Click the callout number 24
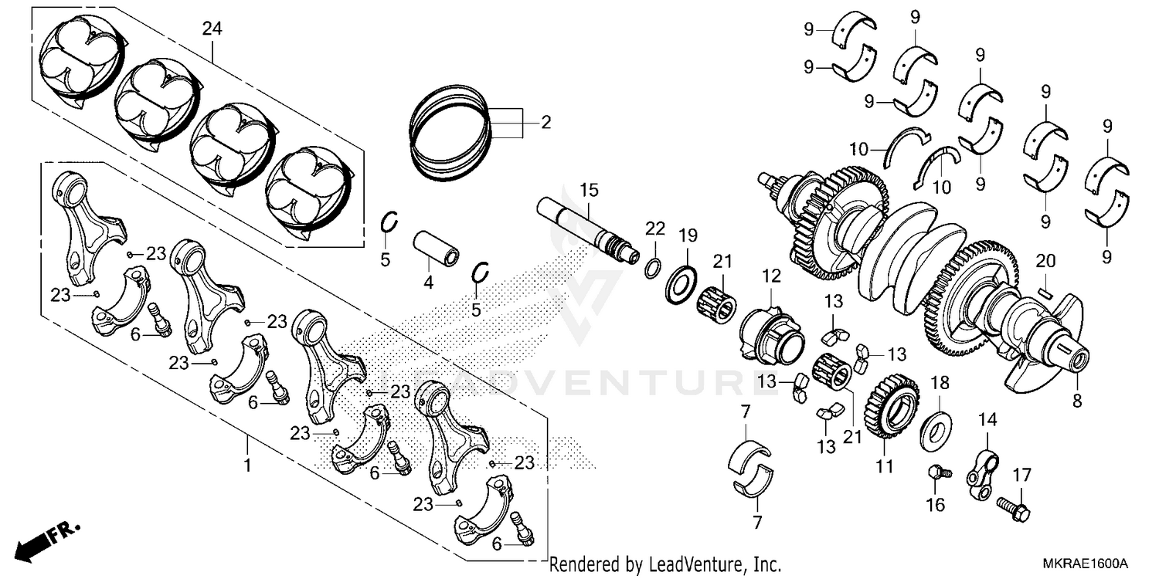click(x=212, y=29)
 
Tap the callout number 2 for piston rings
click(x=546, y=122)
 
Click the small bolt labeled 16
click(x=936, y=472)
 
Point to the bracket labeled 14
click(x=982, y=470)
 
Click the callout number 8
click(x=1077, y=401)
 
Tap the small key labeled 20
click(x=1045, y=292)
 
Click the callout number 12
click(x=771, y=275)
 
